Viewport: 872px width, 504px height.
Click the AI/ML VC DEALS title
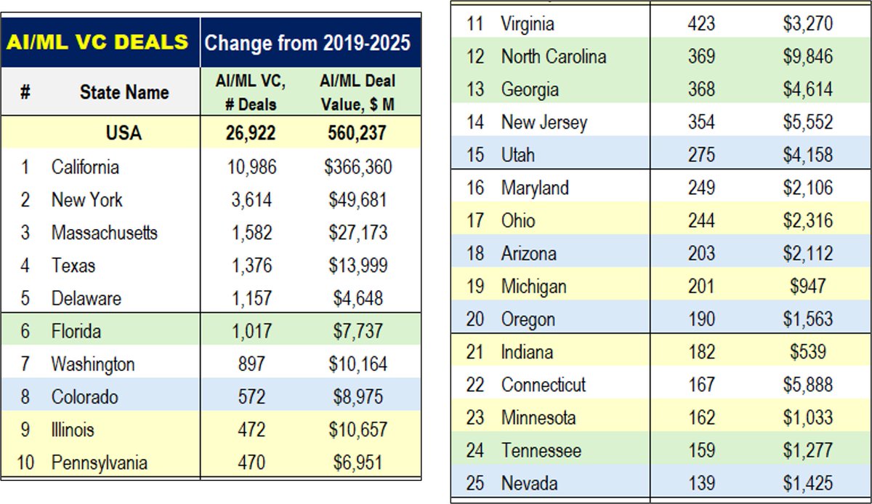[x=99, y=41]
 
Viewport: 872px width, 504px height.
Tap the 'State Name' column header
[x=124, y=92]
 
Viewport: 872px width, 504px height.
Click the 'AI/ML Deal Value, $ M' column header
[x=358, y=92]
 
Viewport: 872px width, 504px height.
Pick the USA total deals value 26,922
[x=251, y=133]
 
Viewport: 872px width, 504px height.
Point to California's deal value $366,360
[x=358, y=167]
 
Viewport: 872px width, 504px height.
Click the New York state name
[x=86, y=200]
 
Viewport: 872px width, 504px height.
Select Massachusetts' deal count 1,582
[x=251, y=233]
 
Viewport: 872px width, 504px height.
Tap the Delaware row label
[x=86, y=298]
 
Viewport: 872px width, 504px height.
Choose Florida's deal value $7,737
[x=358, y=332]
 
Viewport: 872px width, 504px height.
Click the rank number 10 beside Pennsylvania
[x=25, y=463]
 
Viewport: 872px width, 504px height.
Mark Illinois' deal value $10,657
[x=358, y=430]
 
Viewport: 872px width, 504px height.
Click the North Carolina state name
[x=553, y=57]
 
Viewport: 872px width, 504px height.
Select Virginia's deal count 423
[x=701, y=24]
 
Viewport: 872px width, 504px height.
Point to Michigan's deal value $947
[x=807, y=287]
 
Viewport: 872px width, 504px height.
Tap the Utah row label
[x=517, y=155]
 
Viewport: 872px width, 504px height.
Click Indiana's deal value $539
[x=807, y=352]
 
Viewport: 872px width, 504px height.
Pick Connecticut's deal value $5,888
[x=807, y=385]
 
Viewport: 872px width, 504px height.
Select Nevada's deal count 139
[x=701, y=483]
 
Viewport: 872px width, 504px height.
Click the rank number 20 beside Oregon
[x=475, y=319]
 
